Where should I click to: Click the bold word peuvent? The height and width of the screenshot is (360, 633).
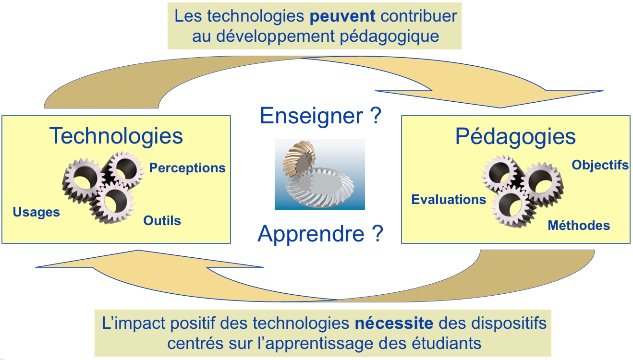point(342,16)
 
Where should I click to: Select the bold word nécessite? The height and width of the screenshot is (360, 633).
point(394,323)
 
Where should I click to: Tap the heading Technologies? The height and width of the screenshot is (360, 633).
point(116,136)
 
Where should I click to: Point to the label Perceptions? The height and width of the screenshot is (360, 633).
point(187,168)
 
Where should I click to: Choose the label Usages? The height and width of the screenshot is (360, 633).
point(36,212)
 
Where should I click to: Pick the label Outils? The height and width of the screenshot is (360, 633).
point(162,220)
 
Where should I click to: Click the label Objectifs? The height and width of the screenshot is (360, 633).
point(600,165)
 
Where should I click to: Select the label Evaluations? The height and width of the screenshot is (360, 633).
point(449,199)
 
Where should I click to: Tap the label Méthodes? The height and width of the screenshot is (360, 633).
point(579,225)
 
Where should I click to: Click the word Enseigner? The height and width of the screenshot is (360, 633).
point(311,116)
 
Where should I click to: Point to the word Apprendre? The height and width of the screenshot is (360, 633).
point(311,234)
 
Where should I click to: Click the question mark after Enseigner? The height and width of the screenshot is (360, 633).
point(376,116)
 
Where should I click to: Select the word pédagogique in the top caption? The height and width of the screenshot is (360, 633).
point(390,36)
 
